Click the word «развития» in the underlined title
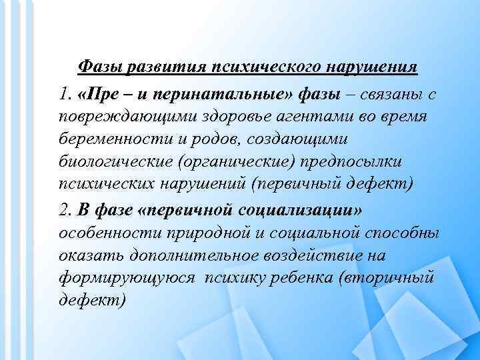pyautogui.click(x=152, y=67)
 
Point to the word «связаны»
pyautogui.click(x=392, y=95)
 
